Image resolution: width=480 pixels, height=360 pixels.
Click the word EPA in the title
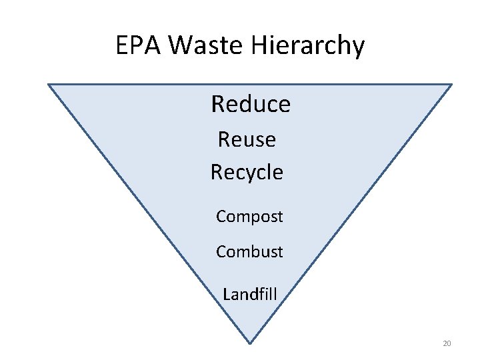pyautogui.click(x=139, y=46)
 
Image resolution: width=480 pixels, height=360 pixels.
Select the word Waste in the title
pyautogui.click(x=206, y=46)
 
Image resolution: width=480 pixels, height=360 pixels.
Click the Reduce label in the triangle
pyautogui.click(x=251, y=104)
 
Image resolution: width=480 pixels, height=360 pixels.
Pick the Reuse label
pyautogui.click(x=247, y=139)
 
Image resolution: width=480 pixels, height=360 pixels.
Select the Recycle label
pyautogui.click(x=247, y=172)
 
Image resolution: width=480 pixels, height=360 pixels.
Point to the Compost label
pyautogui.click(x=249, y=217)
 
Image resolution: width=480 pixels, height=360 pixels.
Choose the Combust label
pyautogui.click(x=249, y=251)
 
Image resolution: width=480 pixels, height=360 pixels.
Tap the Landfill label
pyautogui.click(x=250, y=294)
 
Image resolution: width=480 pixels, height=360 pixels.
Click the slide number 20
pyautogui.click(x=447, y=343)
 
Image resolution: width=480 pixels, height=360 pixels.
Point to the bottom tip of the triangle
pyautogui.click(x=250, y=343)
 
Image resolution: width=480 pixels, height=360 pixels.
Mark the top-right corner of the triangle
pyautogui.click(x=451, y=85)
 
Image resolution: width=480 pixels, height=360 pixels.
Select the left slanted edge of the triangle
pyautogui.click(x=149, y=213)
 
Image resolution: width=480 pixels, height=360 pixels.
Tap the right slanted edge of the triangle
pyautogui.click(x=351, y=213)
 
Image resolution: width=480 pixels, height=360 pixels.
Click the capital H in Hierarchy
pyautogui.click(x=259, y=46)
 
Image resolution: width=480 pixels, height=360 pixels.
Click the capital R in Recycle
pyautogui.click(x=217, y=172)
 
